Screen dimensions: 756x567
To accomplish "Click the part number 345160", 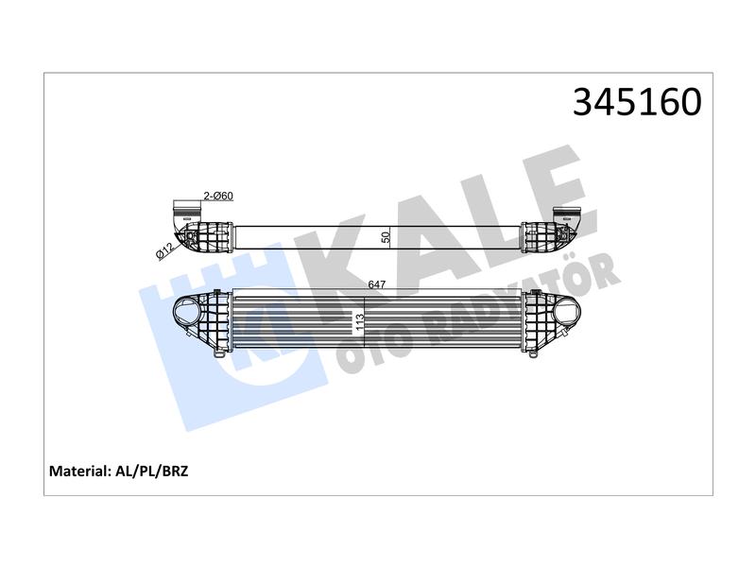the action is (x=637, y=102).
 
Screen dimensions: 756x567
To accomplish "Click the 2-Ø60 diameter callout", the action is (x=218, y=196).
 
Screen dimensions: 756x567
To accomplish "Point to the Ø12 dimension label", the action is (x=164, y=252).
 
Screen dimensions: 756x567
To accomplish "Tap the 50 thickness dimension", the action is (x=386, y=237).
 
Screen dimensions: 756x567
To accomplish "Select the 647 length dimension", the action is (x=376, y=284).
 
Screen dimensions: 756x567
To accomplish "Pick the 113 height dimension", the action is (x=359, y=322).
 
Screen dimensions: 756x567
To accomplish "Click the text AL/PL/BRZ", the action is (x=152, y=471).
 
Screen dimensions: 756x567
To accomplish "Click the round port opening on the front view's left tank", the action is (x=187, y=312).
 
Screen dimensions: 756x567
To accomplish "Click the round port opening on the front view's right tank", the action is (x=566, y=312).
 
